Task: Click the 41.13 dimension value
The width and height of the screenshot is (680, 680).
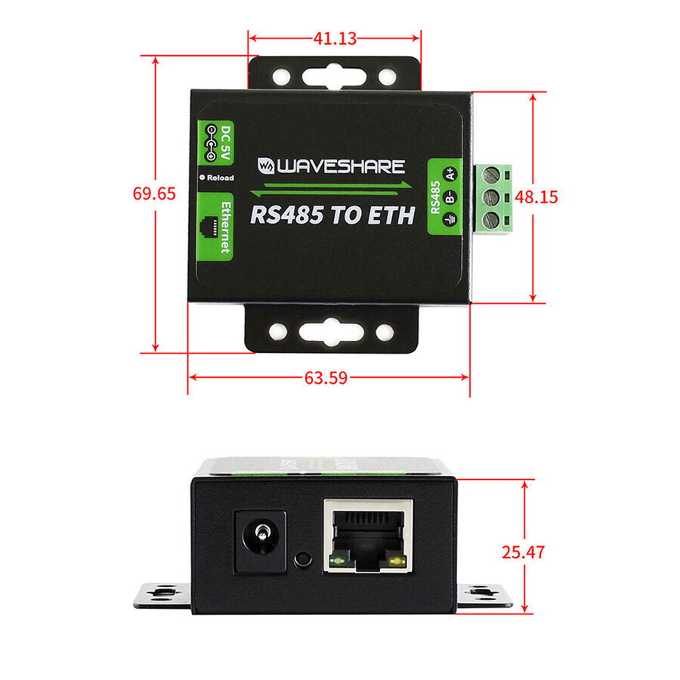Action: tap(335, 39)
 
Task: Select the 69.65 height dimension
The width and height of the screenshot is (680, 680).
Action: tap(154, 193)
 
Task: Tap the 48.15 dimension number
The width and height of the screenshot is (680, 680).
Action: tap(536, 197)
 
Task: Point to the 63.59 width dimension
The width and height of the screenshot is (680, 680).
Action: tap(326, 378)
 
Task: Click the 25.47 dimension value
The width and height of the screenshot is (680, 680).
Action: tap(523, 552)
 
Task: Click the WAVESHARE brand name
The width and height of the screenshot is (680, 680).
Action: tap(332, 166)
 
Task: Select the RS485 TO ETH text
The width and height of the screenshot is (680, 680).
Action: tap(332, 215)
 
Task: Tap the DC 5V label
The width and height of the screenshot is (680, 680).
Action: tap(226, 143)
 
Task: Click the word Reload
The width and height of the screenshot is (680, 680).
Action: tap(221, 178)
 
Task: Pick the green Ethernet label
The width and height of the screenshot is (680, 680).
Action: tap(215, 227)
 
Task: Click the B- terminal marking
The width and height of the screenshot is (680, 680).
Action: tap(450, 197)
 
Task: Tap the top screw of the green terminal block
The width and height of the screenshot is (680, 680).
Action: tap(491, 175)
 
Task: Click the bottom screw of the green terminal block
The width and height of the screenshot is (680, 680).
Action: tap(491, 220)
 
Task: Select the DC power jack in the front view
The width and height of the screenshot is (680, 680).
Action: tap(260, 541)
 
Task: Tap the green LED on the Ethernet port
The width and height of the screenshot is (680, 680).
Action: tap(338, 561)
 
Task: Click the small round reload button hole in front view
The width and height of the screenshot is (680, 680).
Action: tap(303, 559)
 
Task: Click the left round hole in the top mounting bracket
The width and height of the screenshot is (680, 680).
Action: tap(282, 77)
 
